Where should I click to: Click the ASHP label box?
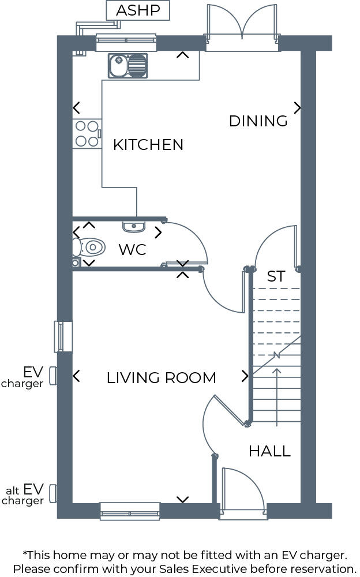[138, 10]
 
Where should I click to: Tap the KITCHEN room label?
[148, 144]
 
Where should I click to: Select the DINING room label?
[258, 121]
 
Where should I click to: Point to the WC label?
[132, 250]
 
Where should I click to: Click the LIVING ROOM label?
[161, 378]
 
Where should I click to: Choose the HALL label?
[269, 451]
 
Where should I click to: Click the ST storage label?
[276, 276]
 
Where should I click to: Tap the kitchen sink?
[127, 65]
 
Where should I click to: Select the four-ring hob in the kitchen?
[87, 133]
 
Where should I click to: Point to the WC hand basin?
[134, 226]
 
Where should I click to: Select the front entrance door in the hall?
[242, 490]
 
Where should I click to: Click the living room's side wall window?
[63, 336]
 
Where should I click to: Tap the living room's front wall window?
[130, 510]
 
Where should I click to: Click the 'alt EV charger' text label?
[24, 495]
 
